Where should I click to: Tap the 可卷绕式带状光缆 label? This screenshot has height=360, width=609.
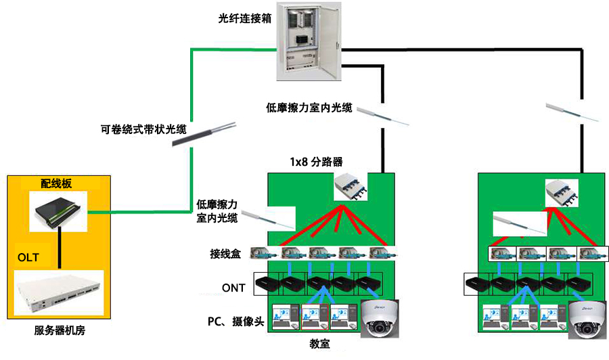(143, 130)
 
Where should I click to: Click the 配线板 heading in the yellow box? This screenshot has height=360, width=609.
(55, 183)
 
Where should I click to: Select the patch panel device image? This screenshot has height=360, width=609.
(59, 210)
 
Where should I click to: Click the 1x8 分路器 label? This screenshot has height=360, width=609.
(316, 162)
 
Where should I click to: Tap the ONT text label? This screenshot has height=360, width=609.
(233, 288)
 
